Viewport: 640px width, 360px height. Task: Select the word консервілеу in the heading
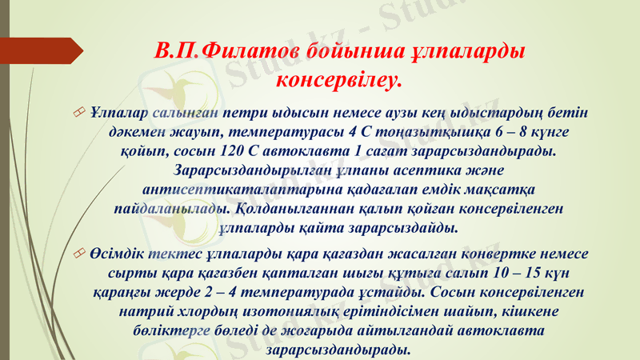pos(336,79)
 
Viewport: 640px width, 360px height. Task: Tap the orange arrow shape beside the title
pos(42,52)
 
